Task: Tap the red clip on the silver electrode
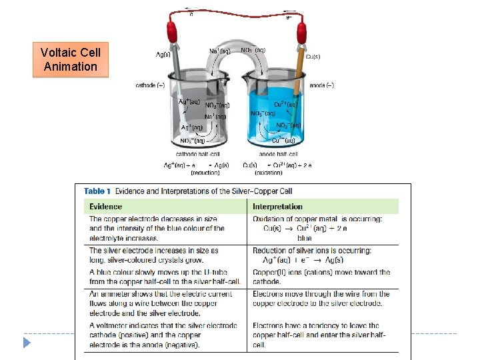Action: click(173, 31)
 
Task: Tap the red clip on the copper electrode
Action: click(301, 31)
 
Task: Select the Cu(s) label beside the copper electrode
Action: click(314, 57)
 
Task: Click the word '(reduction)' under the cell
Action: click(205, 173)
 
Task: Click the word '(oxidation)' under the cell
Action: click(269, 173)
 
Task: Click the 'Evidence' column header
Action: click(106, 207)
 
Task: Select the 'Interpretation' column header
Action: click(277, 207)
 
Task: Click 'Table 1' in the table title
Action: click(97, 191)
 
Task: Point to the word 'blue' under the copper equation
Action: click(305, 238)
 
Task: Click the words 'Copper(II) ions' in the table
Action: click(275, 273)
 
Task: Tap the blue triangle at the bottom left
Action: click(26, 343)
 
